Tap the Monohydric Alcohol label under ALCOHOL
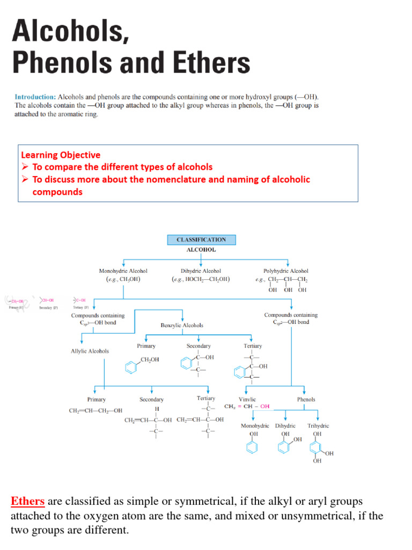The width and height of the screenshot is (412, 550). click(x=123, y=271)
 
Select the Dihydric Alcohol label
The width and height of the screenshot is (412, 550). click(x=201, y=271)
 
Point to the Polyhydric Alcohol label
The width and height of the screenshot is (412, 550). click(x=286, y=271)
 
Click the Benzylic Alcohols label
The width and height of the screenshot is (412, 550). click(x=182, y=325)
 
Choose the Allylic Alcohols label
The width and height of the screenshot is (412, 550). click(x=90, y=351)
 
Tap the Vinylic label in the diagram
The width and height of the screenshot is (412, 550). click(x=247, y=400)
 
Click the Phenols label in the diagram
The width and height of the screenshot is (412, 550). click(x=306, y=400)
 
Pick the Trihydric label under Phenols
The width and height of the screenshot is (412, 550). click(x=318, y=426)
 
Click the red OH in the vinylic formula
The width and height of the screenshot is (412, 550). click(x=266, y=407)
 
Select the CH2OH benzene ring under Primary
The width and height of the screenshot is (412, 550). click(x=130, y=368)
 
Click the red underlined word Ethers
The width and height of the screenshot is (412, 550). click(x=27, y=502)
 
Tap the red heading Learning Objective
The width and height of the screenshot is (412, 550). click(x=60, y=155)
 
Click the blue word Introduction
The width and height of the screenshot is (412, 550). click(x=35, y=97)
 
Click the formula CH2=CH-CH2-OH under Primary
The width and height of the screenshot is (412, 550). click(x=96, y=411)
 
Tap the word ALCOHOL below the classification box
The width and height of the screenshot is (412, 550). click(x=201, y=250)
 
